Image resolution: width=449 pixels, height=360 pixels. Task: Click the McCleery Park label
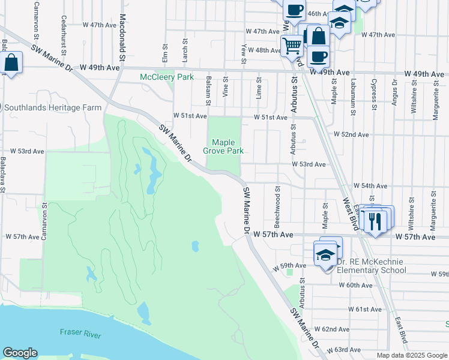tap(166, 77)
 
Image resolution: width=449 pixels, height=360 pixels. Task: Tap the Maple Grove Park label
tap(228, 146)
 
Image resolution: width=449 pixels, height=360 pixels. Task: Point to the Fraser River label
tap(80, 334)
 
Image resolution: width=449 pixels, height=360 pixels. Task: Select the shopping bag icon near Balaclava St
tap(11, 63)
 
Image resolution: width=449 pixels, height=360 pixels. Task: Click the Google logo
tap(20, 353)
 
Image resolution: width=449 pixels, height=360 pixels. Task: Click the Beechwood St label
tap(278, 202)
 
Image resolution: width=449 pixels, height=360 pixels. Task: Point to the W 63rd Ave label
tap(347, 349)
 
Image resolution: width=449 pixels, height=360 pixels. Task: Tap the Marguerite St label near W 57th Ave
tap(432, 212)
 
